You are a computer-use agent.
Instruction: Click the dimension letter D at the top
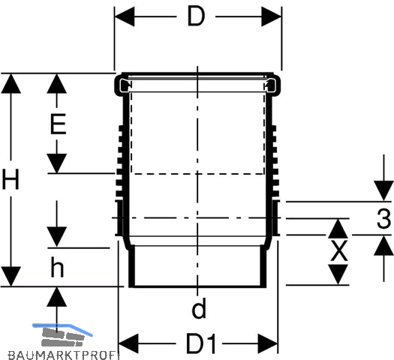pyautogui.click(x=196, y=16)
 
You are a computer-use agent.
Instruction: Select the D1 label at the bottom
pyautogui.click(x=201, y=343)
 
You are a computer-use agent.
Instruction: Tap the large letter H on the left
pyautogui.click(x=11, y=179)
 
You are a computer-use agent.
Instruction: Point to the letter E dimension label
pyautogui.click(x=58, y=124)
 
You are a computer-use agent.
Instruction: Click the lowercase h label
pyautogui.click(x=57, y=267)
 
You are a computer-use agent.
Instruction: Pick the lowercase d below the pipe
pyautogui.click(x=199, y=308)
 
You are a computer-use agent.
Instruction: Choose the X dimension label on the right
pyautogui.click(x=339, y=250)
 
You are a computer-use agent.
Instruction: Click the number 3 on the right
pyautogui.click(x=384, y=218)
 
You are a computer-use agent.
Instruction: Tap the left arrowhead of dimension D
pyautogui.click(x=125, y=16)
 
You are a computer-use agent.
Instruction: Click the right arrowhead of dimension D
pyautogui.click(x=272, y=16)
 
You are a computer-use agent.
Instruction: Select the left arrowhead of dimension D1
pyautogui.click(x=128, y=343)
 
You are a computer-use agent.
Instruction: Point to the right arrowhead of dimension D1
pyautogui.click(x=268, y=343)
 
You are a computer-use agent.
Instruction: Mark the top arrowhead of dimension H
pyautogui.click(x=11, y=83)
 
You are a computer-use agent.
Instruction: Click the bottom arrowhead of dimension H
pyautogui.click(x=11, y=277)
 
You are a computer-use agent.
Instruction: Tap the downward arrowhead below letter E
pyautogui.click(x=57, y=163)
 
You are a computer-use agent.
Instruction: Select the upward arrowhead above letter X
pyautogui.click(x=338, y=229)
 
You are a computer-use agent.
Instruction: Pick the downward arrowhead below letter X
pyautogui.click(x=338, y=274)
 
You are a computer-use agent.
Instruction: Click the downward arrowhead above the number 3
pyautogui.click(x=383, y=190)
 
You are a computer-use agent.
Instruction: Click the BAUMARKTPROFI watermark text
pyautogui.click(x=64, y=355)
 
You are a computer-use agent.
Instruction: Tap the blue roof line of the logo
pyautogui.click(x=62, y=328)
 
